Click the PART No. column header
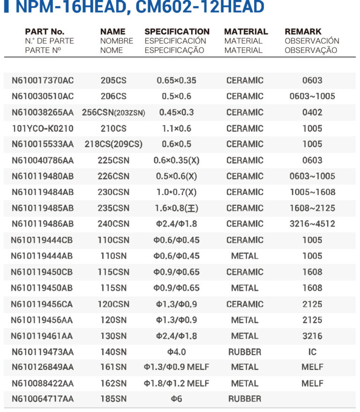point(45,32)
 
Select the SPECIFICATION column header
point(177,32)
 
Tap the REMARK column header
point(303,32)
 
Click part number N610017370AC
point(43,81)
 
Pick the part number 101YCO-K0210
point(43,128)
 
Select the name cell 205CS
point(113,81)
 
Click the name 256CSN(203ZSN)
point(117,112)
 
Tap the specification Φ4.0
point(176,352)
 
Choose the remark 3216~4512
point(312,224)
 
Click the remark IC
point(312,352)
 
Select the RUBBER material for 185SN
point(245,399)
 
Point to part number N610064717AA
point(43,399)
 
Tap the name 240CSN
point(113,224)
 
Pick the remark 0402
point(312,112)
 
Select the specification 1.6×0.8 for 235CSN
point(176,208)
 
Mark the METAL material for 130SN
point(245,336)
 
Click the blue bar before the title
point(6,7)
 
